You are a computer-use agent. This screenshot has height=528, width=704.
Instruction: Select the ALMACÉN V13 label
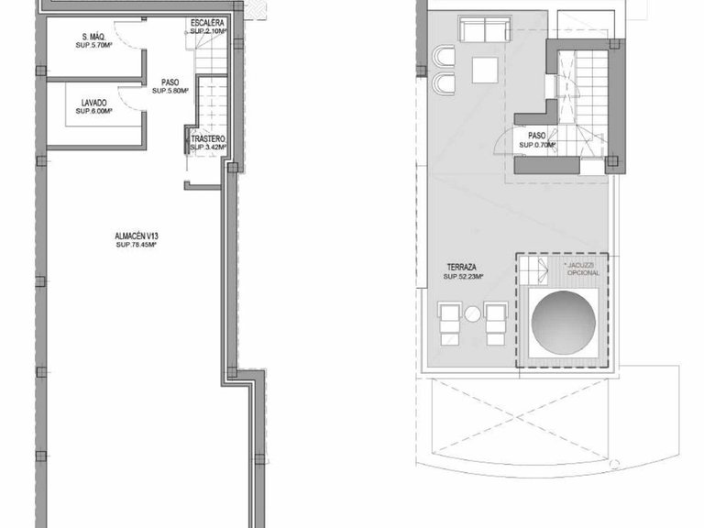pos(137,236)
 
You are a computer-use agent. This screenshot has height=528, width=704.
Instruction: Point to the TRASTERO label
pos(206,138)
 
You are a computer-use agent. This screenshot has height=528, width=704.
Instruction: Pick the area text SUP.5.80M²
pos(170,91)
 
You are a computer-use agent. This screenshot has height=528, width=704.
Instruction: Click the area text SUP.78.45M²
pos(137,245)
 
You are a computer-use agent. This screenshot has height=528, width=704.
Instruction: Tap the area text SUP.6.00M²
pos(94,111)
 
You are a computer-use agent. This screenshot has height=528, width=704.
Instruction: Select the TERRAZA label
pos(461,267)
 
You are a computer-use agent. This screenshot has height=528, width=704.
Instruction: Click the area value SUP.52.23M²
pos(464,276)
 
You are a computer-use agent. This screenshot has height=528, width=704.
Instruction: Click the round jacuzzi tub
pos(562,324)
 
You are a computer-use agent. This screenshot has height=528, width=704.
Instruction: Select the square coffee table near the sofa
pos(484,69)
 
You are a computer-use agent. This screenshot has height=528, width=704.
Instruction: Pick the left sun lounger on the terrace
pos(450,324)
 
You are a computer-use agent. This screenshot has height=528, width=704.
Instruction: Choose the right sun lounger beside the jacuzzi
pos(497,324)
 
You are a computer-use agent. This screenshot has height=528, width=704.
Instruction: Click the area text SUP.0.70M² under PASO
pos(539,145)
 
